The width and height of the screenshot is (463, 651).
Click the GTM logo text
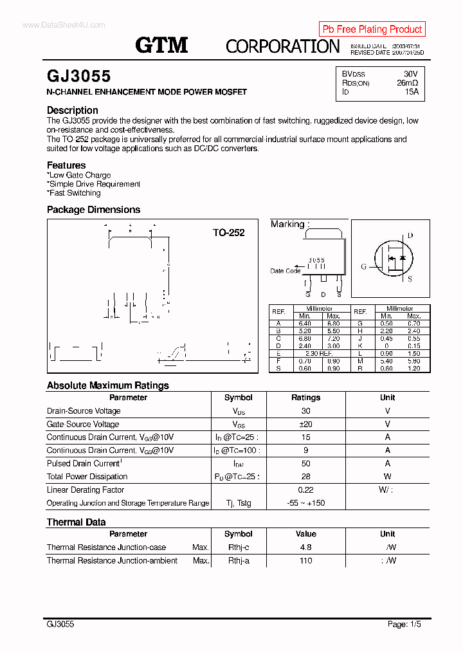(161, 44)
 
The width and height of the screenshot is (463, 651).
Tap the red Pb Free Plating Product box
(372, 29)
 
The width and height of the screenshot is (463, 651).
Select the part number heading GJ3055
(78, 76)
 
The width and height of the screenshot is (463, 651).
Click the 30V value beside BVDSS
(410, 74)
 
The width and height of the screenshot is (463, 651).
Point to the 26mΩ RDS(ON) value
(407, 83)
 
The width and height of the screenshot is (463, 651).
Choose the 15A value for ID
(411, 92)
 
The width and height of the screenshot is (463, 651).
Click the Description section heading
(72, 110)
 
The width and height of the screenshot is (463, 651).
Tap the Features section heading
(66, 165)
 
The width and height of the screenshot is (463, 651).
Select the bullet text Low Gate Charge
(80, 175)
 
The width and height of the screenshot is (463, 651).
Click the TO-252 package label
(229, 233)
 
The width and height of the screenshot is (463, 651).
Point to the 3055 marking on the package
(316, 260)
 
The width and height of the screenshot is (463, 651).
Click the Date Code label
(285, 271)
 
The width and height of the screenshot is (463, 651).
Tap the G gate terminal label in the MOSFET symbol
(363, 266)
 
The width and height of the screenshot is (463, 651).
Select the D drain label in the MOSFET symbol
(410, 236)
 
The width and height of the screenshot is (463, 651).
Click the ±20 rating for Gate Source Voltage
(305, 424)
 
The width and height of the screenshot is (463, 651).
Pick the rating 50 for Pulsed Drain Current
(305, 463)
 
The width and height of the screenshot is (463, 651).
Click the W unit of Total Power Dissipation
(387, 477)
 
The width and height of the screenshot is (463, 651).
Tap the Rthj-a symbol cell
(238, 560)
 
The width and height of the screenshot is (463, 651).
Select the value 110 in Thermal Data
(305, 560)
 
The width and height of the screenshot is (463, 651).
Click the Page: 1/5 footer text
(404, 624)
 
